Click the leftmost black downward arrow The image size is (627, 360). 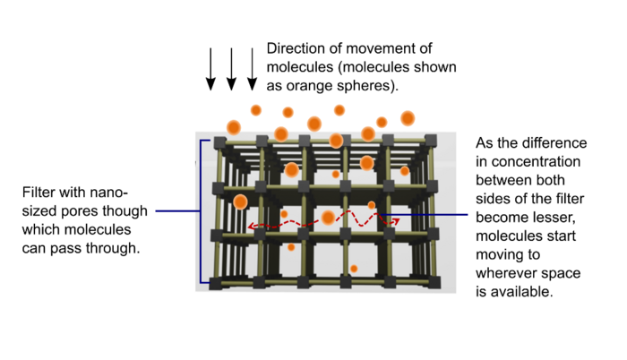211,69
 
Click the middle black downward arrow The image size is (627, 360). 231,69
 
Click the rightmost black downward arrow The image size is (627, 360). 253,69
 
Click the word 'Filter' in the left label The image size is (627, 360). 39,193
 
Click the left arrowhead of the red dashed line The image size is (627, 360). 252,227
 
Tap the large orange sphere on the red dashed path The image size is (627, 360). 329,218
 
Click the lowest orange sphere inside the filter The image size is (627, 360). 355,269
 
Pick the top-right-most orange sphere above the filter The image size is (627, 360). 408,117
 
